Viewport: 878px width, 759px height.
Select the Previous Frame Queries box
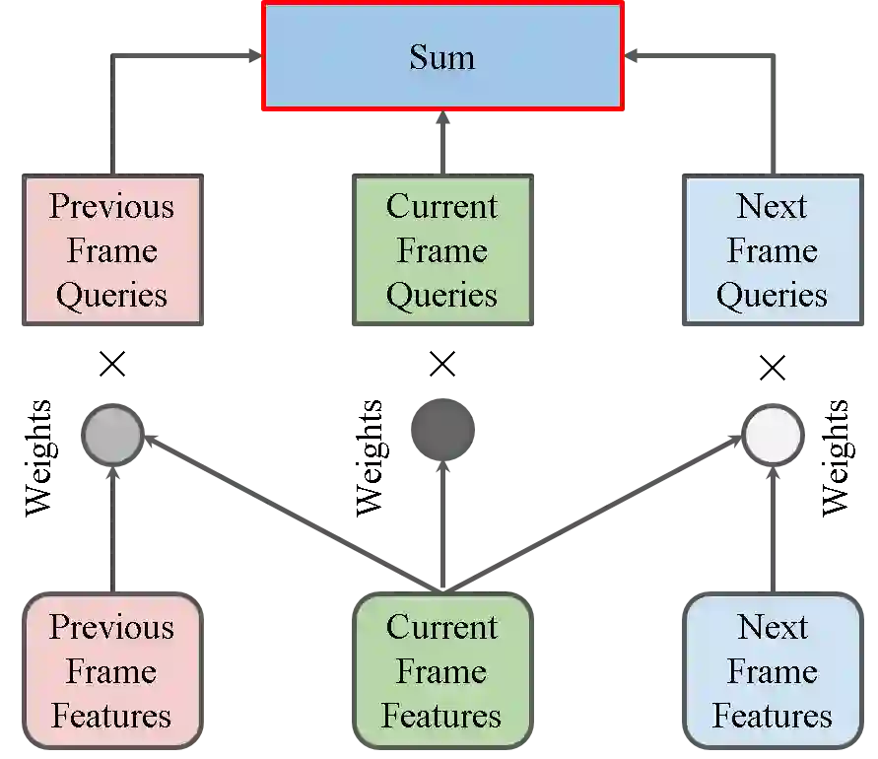pyautogui.click(x=111, y=251)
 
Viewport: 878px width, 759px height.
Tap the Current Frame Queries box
pyautogui.click(x=441, y=251)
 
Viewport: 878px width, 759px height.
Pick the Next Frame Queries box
pyautogui.click(x=772, y=251)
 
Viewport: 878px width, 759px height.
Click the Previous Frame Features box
pyautogui.click(x=111, y=671)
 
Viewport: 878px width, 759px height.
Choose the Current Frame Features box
pyautogui.click(x=441, y=671)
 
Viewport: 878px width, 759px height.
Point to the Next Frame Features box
pyautogui.click(x=772, y=671)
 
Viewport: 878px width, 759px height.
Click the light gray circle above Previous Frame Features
pyautogui.click(x=113, y=434)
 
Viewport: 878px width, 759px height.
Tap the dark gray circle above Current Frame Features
pyautogui.click(x=444, y=431)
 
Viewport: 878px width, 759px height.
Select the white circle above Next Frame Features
pyautogui.click(x=772, y=435)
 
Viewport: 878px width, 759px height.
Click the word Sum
pyautogui.click(x=441, y=57)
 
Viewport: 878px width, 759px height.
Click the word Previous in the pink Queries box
pyautogui.click(x=111, y=207)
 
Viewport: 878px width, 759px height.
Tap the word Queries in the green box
pyautogui.click(x=441, y=296)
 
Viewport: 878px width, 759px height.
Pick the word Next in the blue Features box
pyautogui.click(x=772, y=627)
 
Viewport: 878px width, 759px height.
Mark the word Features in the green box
pyautogui.click(x=441, y=717)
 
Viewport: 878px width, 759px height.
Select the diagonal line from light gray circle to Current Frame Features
pyautogui.click(x=286, y=513)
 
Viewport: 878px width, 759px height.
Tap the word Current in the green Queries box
pyautogui.click(x=441, y=207)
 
